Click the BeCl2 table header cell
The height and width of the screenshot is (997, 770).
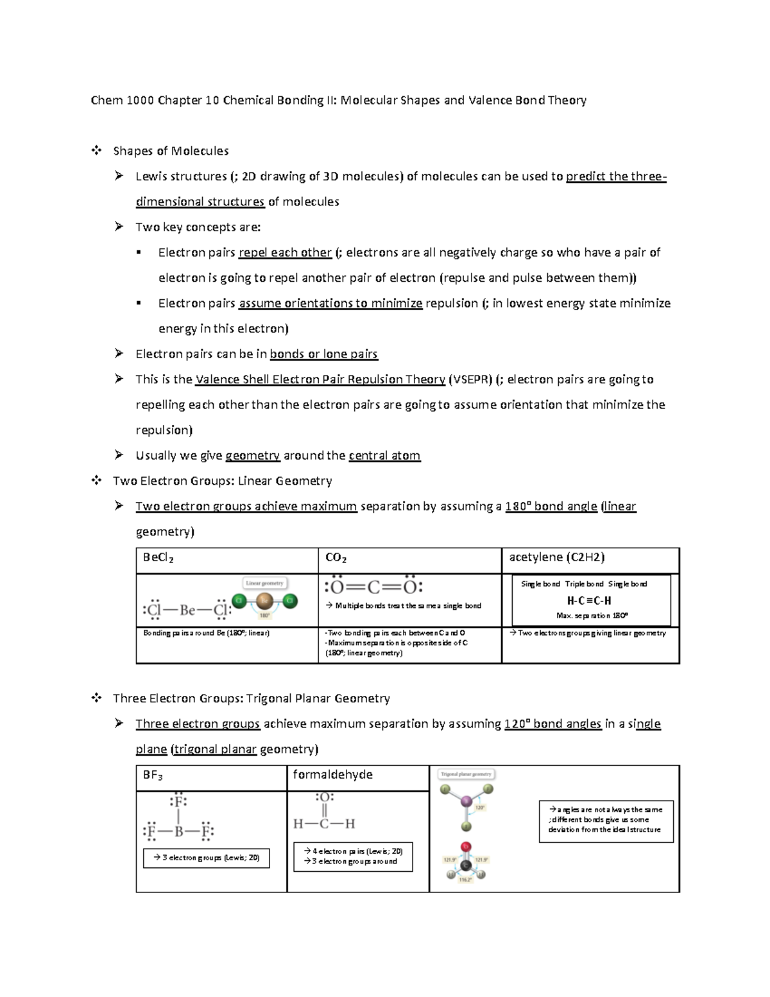pos(158,558)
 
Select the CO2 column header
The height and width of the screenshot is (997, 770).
pos(336,558)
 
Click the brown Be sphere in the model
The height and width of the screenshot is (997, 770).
pos(264,602)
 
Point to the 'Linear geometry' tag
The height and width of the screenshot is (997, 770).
pos(264,583)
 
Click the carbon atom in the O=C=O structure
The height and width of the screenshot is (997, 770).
pos(374,587)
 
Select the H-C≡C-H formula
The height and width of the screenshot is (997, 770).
pos(589,601)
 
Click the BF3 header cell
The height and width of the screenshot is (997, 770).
pos(153,776)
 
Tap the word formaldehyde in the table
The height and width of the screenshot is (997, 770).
pos(332,775)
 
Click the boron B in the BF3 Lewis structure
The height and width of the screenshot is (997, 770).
pos(178,832)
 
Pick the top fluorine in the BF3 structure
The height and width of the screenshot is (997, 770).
pos(178,801)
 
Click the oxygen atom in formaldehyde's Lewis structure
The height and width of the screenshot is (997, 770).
pos(324,798)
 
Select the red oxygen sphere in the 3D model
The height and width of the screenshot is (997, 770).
pos(466,847)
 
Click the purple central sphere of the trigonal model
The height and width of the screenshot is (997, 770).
pos(466,801)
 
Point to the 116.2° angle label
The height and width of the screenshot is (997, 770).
pos(465,880)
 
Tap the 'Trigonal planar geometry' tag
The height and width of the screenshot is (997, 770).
pos(466,774)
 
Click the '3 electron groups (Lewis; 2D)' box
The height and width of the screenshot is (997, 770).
pos(206,858)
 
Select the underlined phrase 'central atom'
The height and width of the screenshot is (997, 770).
pos(384,456)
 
